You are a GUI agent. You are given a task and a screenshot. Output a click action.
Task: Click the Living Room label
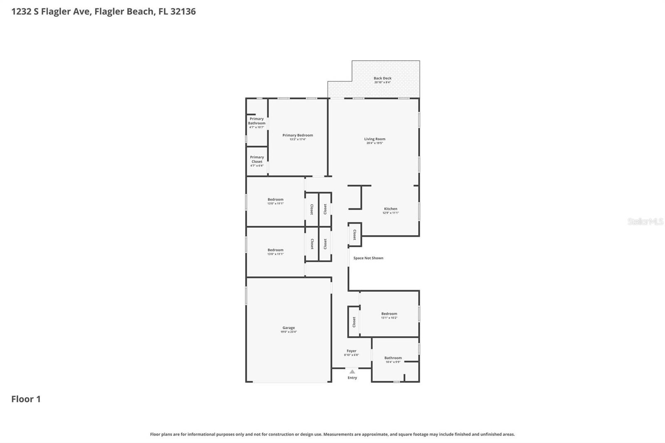[374, 139]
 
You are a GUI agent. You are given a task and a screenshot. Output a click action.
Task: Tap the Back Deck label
[382, 78]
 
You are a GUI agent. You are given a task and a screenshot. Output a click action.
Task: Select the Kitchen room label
[390, 209]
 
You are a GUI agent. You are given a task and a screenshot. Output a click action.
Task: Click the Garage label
[288, 328]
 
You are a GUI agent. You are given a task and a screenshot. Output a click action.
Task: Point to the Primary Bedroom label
[298, 135]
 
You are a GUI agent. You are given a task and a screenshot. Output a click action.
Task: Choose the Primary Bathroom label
[256, 121]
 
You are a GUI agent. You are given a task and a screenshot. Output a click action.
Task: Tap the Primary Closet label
[257, 159]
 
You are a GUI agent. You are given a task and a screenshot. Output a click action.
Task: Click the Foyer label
[351, 351]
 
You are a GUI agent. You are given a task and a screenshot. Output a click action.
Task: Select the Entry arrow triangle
[352, 372]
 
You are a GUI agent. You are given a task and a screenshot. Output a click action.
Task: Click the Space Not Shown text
[368, 258]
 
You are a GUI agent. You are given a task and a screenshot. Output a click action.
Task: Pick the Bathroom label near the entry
[393, 358]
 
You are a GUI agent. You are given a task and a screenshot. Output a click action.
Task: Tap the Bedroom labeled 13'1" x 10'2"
[389, 314]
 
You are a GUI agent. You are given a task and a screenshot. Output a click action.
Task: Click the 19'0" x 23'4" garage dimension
[288, 332]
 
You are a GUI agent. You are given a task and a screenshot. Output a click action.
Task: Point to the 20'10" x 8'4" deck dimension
[382, 82]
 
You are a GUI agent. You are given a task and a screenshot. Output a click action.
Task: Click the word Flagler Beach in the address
[124, 11]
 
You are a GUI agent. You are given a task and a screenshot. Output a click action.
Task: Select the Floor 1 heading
[26, 399]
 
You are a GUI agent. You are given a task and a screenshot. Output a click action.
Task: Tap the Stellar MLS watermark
[645, 221]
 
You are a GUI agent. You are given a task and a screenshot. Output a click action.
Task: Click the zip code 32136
[183, 11]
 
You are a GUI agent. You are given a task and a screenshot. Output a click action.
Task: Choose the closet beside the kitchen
[355, 235]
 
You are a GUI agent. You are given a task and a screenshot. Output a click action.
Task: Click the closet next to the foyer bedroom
[354, 322]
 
